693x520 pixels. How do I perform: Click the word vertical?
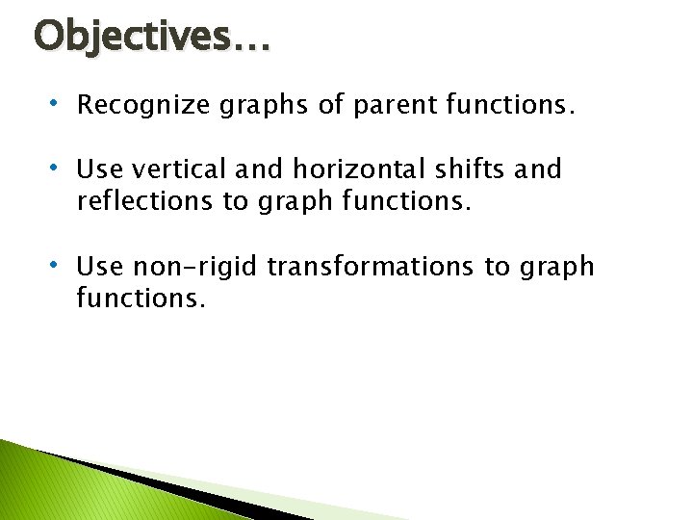click(170, 169)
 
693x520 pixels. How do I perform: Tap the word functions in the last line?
click(141, 298)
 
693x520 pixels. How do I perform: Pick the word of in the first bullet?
click(328, 105)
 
